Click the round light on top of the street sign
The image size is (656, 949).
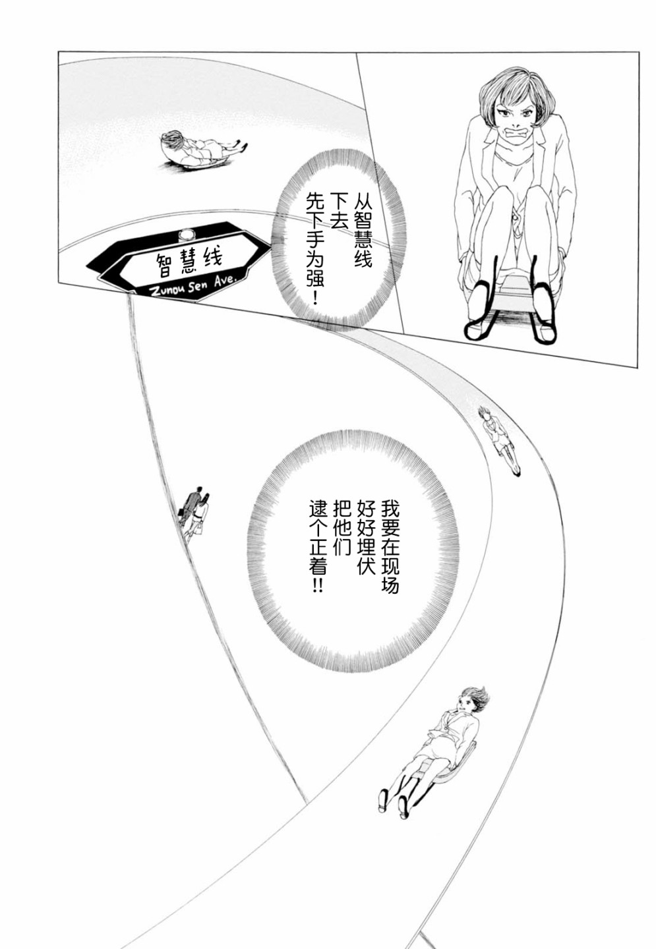pos(185,233)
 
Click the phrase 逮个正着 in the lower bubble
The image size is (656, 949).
pos(318,546)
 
